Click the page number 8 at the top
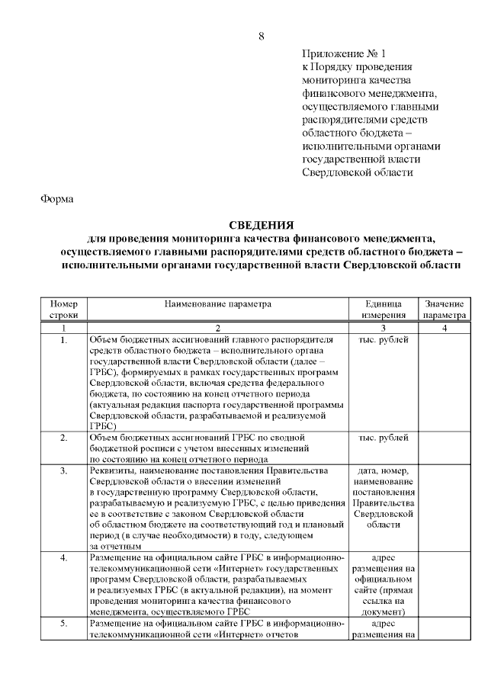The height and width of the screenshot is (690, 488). pos(261,36)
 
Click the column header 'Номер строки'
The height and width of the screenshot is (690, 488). pos(63,309)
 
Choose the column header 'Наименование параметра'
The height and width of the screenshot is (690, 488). pos(217,303)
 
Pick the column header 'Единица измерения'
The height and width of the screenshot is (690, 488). pos(383,309)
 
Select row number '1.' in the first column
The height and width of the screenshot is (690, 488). pos(63,339)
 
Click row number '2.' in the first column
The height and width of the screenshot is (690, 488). pos(63,438)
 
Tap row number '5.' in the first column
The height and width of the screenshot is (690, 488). pos(63,624)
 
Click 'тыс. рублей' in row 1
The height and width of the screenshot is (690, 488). pos(383,339)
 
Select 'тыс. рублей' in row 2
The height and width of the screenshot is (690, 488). pos(383,438)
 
